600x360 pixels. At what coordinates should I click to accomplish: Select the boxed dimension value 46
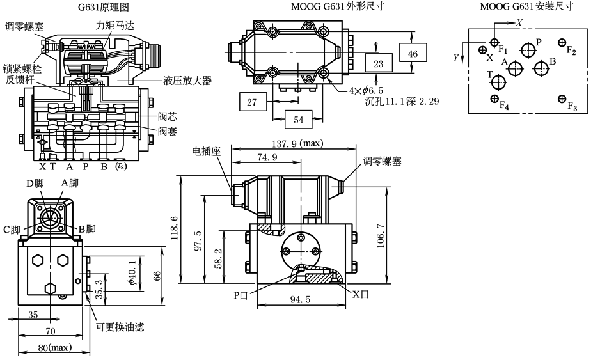tap(413, 54)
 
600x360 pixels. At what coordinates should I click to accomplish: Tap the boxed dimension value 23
tap(379, 64)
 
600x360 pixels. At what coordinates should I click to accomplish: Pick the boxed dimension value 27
tap(251, 102)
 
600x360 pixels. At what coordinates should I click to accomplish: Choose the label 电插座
tap(207, 152)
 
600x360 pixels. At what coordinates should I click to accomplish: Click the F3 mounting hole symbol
tap(561, 98)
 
